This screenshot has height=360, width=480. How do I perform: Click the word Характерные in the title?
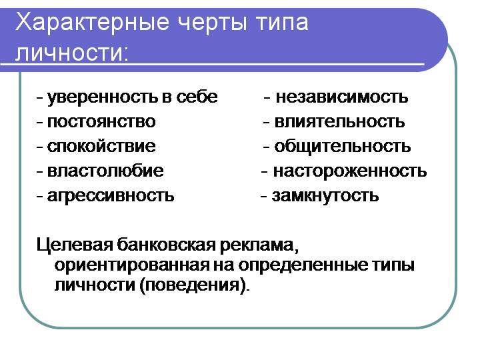coord(92,23)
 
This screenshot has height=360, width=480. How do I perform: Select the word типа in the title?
coord(282,23)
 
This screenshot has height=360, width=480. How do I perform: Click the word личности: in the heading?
coord(71,53)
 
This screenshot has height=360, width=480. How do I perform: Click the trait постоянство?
coord(101,122)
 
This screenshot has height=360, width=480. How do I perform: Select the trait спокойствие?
coord(101,146)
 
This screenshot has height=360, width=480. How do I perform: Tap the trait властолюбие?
coord(105,171)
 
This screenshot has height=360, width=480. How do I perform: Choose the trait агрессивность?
coord(111,196)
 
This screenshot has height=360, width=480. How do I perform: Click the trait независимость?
coord(342,97)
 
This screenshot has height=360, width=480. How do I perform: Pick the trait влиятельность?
coord(339,122)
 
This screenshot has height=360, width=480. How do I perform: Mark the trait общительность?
coord(342,147)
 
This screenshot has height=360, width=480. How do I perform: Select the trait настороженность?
coord(350,171)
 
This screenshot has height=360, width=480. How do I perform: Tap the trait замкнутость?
coord(325,196)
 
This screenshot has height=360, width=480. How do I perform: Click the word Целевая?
coord(75,245)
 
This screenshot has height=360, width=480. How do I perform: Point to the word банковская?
coord(167,245)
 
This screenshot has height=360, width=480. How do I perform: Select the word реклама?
coord(257,245)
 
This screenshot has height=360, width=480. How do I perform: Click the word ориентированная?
coord(132,265)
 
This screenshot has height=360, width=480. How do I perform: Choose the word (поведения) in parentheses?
coord(193,285)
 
